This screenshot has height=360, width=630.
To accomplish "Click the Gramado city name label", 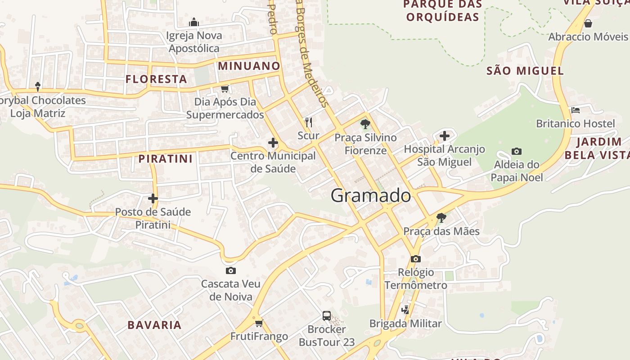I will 371,196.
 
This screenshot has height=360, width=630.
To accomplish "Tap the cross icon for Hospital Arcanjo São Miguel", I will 445,135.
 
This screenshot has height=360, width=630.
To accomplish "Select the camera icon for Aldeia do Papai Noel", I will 516,152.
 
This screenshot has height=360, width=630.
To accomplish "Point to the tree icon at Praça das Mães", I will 441,218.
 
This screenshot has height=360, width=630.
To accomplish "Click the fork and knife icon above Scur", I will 309,122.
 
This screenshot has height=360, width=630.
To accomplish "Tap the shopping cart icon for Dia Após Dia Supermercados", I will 225,89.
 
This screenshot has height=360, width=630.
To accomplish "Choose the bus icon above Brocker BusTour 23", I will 327,315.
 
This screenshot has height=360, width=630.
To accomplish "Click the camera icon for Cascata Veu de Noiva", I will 230,270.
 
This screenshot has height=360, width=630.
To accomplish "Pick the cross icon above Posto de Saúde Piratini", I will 153,198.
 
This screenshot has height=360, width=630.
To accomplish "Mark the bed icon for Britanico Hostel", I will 575,110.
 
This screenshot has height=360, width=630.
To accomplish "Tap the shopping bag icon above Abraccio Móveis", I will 588,23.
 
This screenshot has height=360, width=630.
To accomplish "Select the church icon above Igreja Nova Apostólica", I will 194,22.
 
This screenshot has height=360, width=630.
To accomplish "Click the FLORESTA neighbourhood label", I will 156,79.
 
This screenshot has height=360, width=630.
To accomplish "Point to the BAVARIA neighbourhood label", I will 154,325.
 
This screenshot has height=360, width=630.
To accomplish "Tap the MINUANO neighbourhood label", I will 249,66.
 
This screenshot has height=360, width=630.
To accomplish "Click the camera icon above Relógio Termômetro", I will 415,259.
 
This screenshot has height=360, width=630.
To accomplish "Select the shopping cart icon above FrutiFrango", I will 259,323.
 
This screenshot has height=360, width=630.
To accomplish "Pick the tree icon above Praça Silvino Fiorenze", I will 365,124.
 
